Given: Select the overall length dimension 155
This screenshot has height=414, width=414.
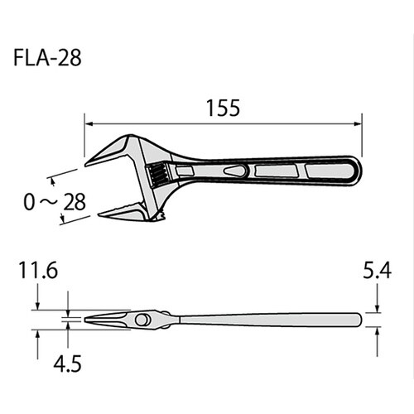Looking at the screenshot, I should pyautogui.click(x=223, y=108).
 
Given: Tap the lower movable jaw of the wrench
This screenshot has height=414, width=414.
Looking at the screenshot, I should pyautogui.click(x=116, y=214).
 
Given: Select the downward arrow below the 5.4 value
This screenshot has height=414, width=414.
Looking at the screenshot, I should pyautogui.click(x=378, y=306).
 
